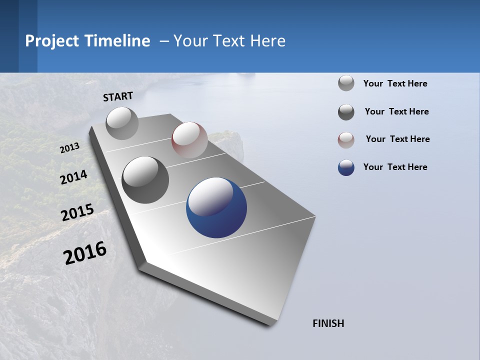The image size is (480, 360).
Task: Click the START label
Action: click(118, 96)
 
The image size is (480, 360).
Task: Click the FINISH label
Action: click(328, 323)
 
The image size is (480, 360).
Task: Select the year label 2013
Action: click(70, 148)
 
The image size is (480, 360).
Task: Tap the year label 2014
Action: click(74, 177)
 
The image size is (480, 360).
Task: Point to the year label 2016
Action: click(85, 253)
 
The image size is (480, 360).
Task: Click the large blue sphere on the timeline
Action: click(216, 207)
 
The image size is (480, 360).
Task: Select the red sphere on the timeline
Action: click(189, 140)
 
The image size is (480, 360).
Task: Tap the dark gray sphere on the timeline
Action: click(145, 180)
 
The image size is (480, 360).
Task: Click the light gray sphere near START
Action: click(122, 123)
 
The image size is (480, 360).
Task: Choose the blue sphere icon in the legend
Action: click(346, 167)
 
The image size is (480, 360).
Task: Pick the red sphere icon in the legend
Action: click(346, 140)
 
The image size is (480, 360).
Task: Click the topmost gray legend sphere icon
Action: click(346, 83)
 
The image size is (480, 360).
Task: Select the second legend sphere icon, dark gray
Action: click(346, 112)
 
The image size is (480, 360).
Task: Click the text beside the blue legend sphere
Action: click(395, 167)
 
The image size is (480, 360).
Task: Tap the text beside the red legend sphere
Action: click(397, 139)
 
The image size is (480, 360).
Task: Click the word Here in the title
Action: click(267, 41)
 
